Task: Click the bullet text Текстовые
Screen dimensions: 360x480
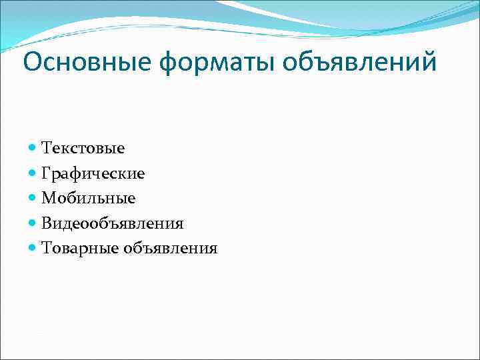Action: (x=83, y=147)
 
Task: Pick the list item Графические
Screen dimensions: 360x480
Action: (x=93, y=173)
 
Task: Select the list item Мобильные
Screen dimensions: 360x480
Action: (x=88, y=198)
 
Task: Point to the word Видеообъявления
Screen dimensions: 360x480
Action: (x=112, y=223)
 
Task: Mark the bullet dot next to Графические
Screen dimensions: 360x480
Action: (x=33, y=173)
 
